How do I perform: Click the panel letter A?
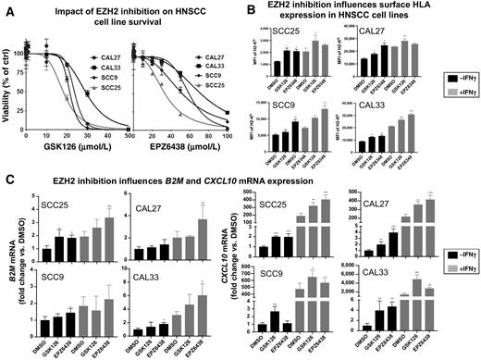6,7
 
